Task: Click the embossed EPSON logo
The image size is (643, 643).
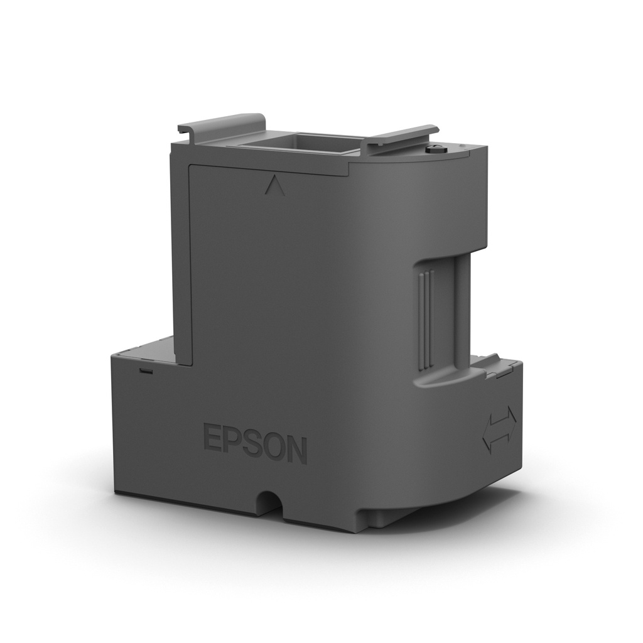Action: coord(255,445)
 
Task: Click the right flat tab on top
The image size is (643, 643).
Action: coord(399,138)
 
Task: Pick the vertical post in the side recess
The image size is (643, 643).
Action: coord(462,314)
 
